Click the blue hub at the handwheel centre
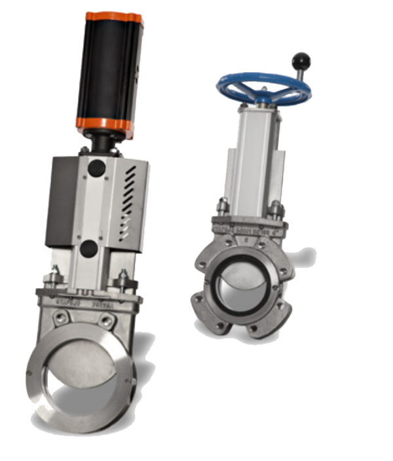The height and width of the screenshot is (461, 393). point(263,98)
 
